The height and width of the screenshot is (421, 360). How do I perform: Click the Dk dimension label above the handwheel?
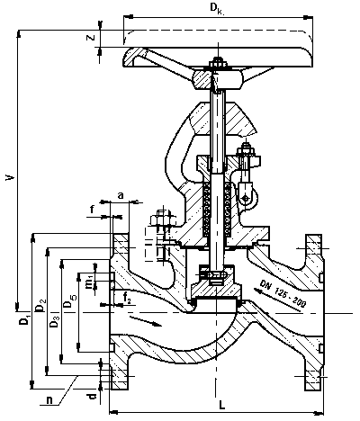[218, 8]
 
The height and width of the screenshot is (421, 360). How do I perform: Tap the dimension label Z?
[91, 38]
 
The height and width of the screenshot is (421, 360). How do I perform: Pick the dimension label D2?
[40, 306]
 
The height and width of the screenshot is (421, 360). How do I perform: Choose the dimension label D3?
[55, 321]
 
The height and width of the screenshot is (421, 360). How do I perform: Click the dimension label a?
[121, 195]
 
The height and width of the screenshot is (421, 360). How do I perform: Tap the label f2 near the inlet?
[127, 299]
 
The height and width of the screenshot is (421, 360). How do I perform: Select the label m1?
[90, 281]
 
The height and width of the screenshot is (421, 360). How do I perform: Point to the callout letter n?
[49, 400]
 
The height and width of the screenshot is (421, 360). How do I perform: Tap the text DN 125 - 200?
[283, 294]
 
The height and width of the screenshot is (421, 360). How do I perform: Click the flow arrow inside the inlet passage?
[146, 320]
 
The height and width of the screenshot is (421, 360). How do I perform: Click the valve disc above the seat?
[216, 291]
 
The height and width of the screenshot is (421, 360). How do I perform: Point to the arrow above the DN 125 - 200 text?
[278, 300]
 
